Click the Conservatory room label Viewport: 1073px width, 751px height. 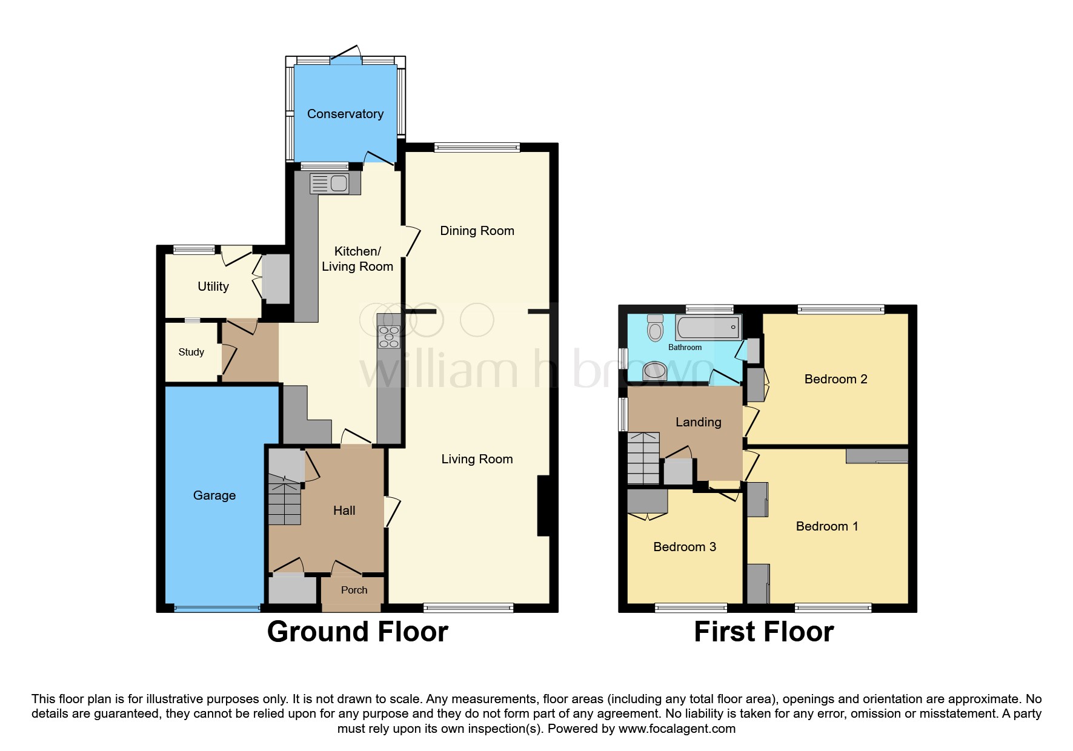pyautogui.click(x=345, y=114)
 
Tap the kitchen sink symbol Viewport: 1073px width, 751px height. pyautogui.click(x=329, y=184)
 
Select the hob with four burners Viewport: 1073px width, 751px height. pyautogui.click(x=389, y=337)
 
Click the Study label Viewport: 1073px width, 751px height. pyautogui.click(x=191, y=352)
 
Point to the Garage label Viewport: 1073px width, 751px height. pyautogui.click(x=214, y=495)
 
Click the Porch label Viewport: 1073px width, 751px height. pyautogui.click(x=354, y=590)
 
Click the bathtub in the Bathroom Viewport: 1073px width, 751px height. pyautogui.click(x=708, y=328)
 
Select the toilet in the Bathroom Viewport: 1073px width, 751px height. pyautogui.click(x=655, y=328)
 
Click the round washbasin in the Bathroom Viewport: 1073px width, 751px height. pyautogui.click(x=654, y=370)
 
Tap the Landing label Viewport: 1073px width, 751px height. pyautogui.click(x=698, y=422)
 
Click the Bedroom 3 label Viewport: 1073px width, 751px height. pyautogui.click(x=684, y=547)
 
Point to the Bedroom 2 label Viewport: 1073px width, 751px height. pyautogui.click(x=835, y=379)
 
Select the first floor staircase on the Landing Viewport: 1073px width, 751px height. pyautogui.click(x=643, y=458)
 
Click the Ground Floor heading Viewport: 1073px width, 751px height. pyautogui.click(x=357, y=632)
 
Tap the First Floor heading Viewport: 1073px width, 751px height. pyautogui.click(x=763, y=632)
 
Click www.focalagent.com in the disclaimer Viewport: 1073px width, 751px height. pyautogui.click(x=676, y=729)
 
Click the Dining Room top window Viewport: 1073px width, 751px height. pyautogui.click(x=477, y=147)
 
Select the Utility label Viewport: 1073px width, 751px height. pyautogui.click(x=213, y=286)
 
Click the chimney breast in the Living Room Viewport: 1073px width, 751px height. pyautogui.click(x=543, y=506)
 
